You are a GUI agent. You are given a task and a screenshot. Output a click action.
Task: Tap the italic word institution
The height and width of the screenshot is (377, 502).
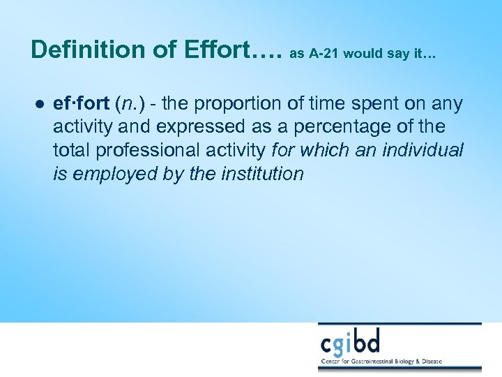(x=262, y=174)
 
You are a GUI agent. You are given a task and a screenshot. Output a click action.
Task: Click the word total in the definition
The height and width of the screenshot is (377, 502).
(x=69, y=151)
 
